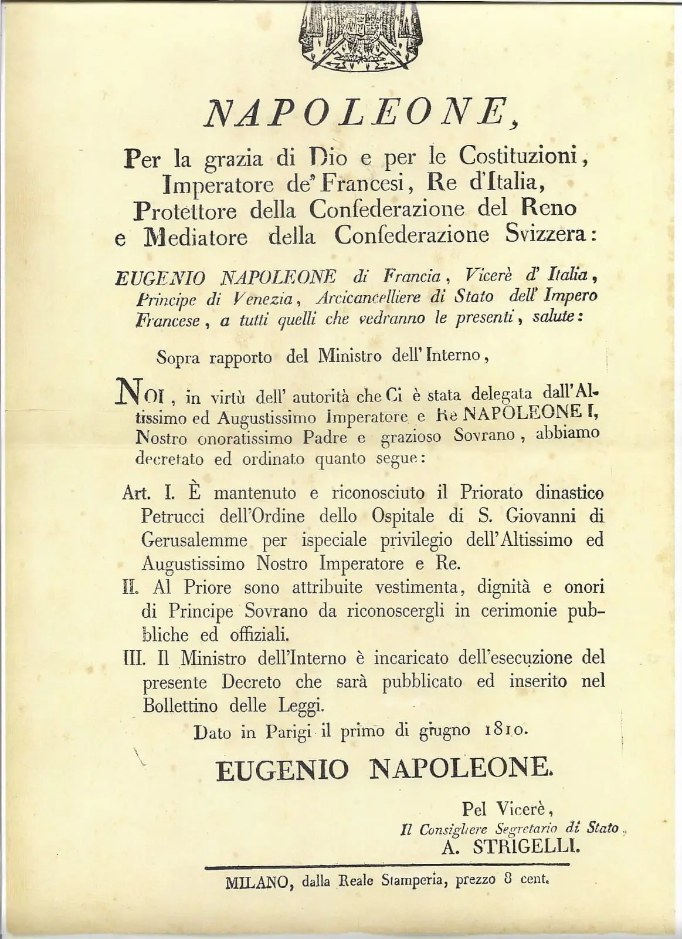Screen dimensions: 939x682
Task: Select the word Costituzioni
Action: point(522,156)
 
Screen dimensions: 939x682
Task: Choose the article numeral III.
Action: point(133,658)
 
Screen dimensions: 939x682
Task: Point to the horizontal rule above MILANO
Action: point(387,864)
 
